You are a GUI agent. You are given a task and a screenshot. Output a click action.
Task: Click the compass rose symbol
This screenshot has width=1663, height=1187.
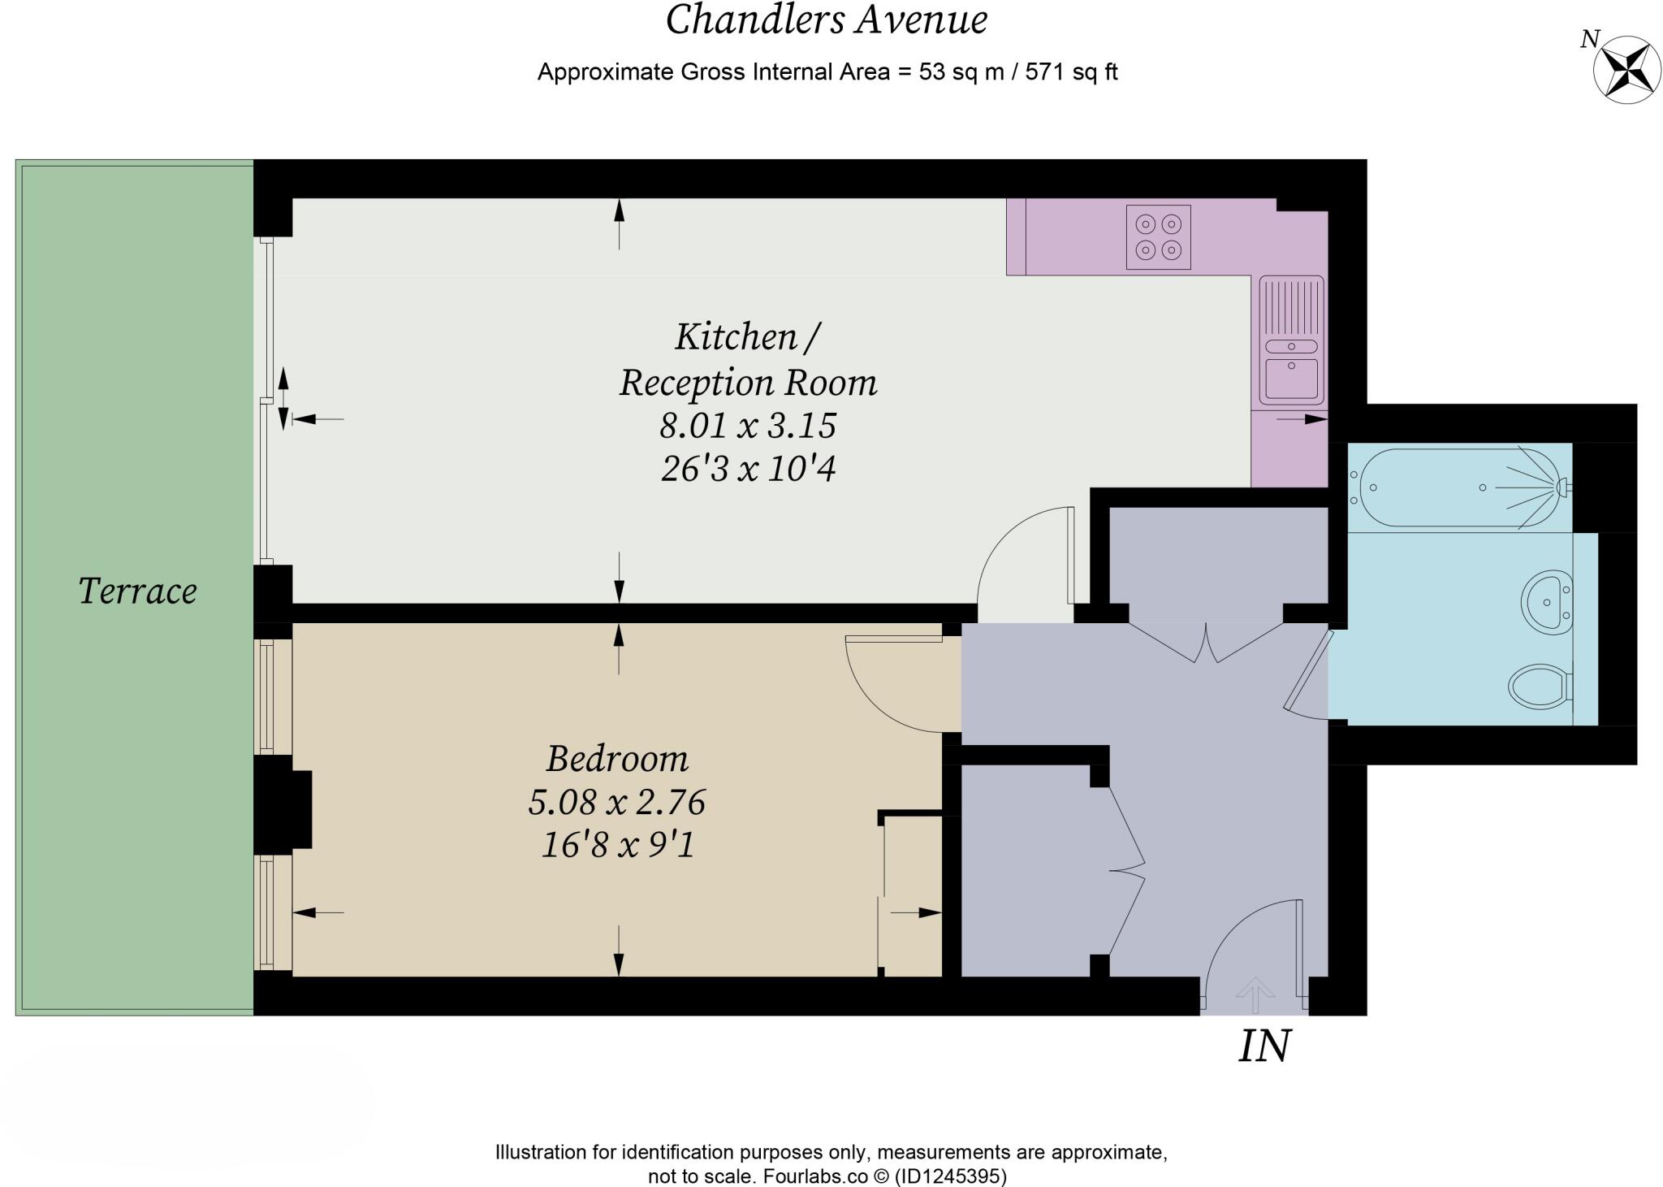tap(1627, 71)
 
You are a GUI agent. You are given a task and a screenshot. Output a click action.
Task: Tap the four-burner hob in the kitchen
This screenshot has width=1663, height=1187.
tap(1158, 236)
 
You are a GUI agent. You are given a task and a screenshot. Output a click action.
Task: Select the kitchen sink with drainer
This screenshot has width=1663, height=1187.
tap(1291, 340)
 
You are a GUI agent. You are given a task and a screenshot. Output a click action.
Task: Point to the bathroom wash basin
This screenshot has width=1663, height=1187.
tap(1546, 602)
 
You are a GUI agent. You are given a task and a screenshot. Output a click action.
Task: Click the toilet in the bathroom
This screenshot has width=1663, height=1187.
tap(1540, 687)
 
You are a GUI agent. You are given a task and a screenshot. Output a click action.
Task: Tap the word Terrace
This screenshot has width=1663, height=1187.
tap(137, 591)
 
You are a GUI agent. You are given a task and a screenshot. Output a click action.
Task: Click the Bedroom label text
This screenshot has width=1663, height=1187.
tap(617, 759)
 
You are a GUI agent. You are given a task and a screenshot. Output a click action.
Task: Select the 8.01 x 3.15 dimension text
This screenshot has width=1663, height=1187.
tap(748, 425)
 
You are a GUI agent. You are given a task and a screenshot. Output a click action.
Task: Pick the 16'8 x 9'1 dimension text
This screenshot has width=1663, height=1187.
tap(618, 846)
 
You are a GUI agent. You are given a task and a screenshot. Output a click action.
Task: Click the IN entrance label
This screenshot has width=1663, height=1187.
tap(1264, 1046)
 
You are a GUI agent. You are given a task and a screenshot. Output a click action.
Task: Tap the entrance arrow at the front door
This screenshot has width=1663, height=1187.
tap(1255, 994)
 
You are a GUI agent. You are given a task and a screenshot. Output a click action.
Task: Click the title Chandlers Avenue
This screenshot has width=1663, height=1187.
tap(827, 19)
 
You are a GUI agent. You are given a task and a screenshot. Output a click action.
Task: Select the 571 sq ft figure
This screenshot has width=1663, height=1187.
tap(1072, 71)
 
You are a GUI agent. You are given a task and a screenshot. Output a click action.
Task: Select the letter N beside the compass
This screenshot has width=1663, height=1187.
tap(1590, 39)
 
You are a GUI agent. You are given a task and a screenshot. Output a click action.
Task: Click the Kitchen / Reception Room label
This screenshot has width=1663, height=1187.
tap(748, 359)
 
